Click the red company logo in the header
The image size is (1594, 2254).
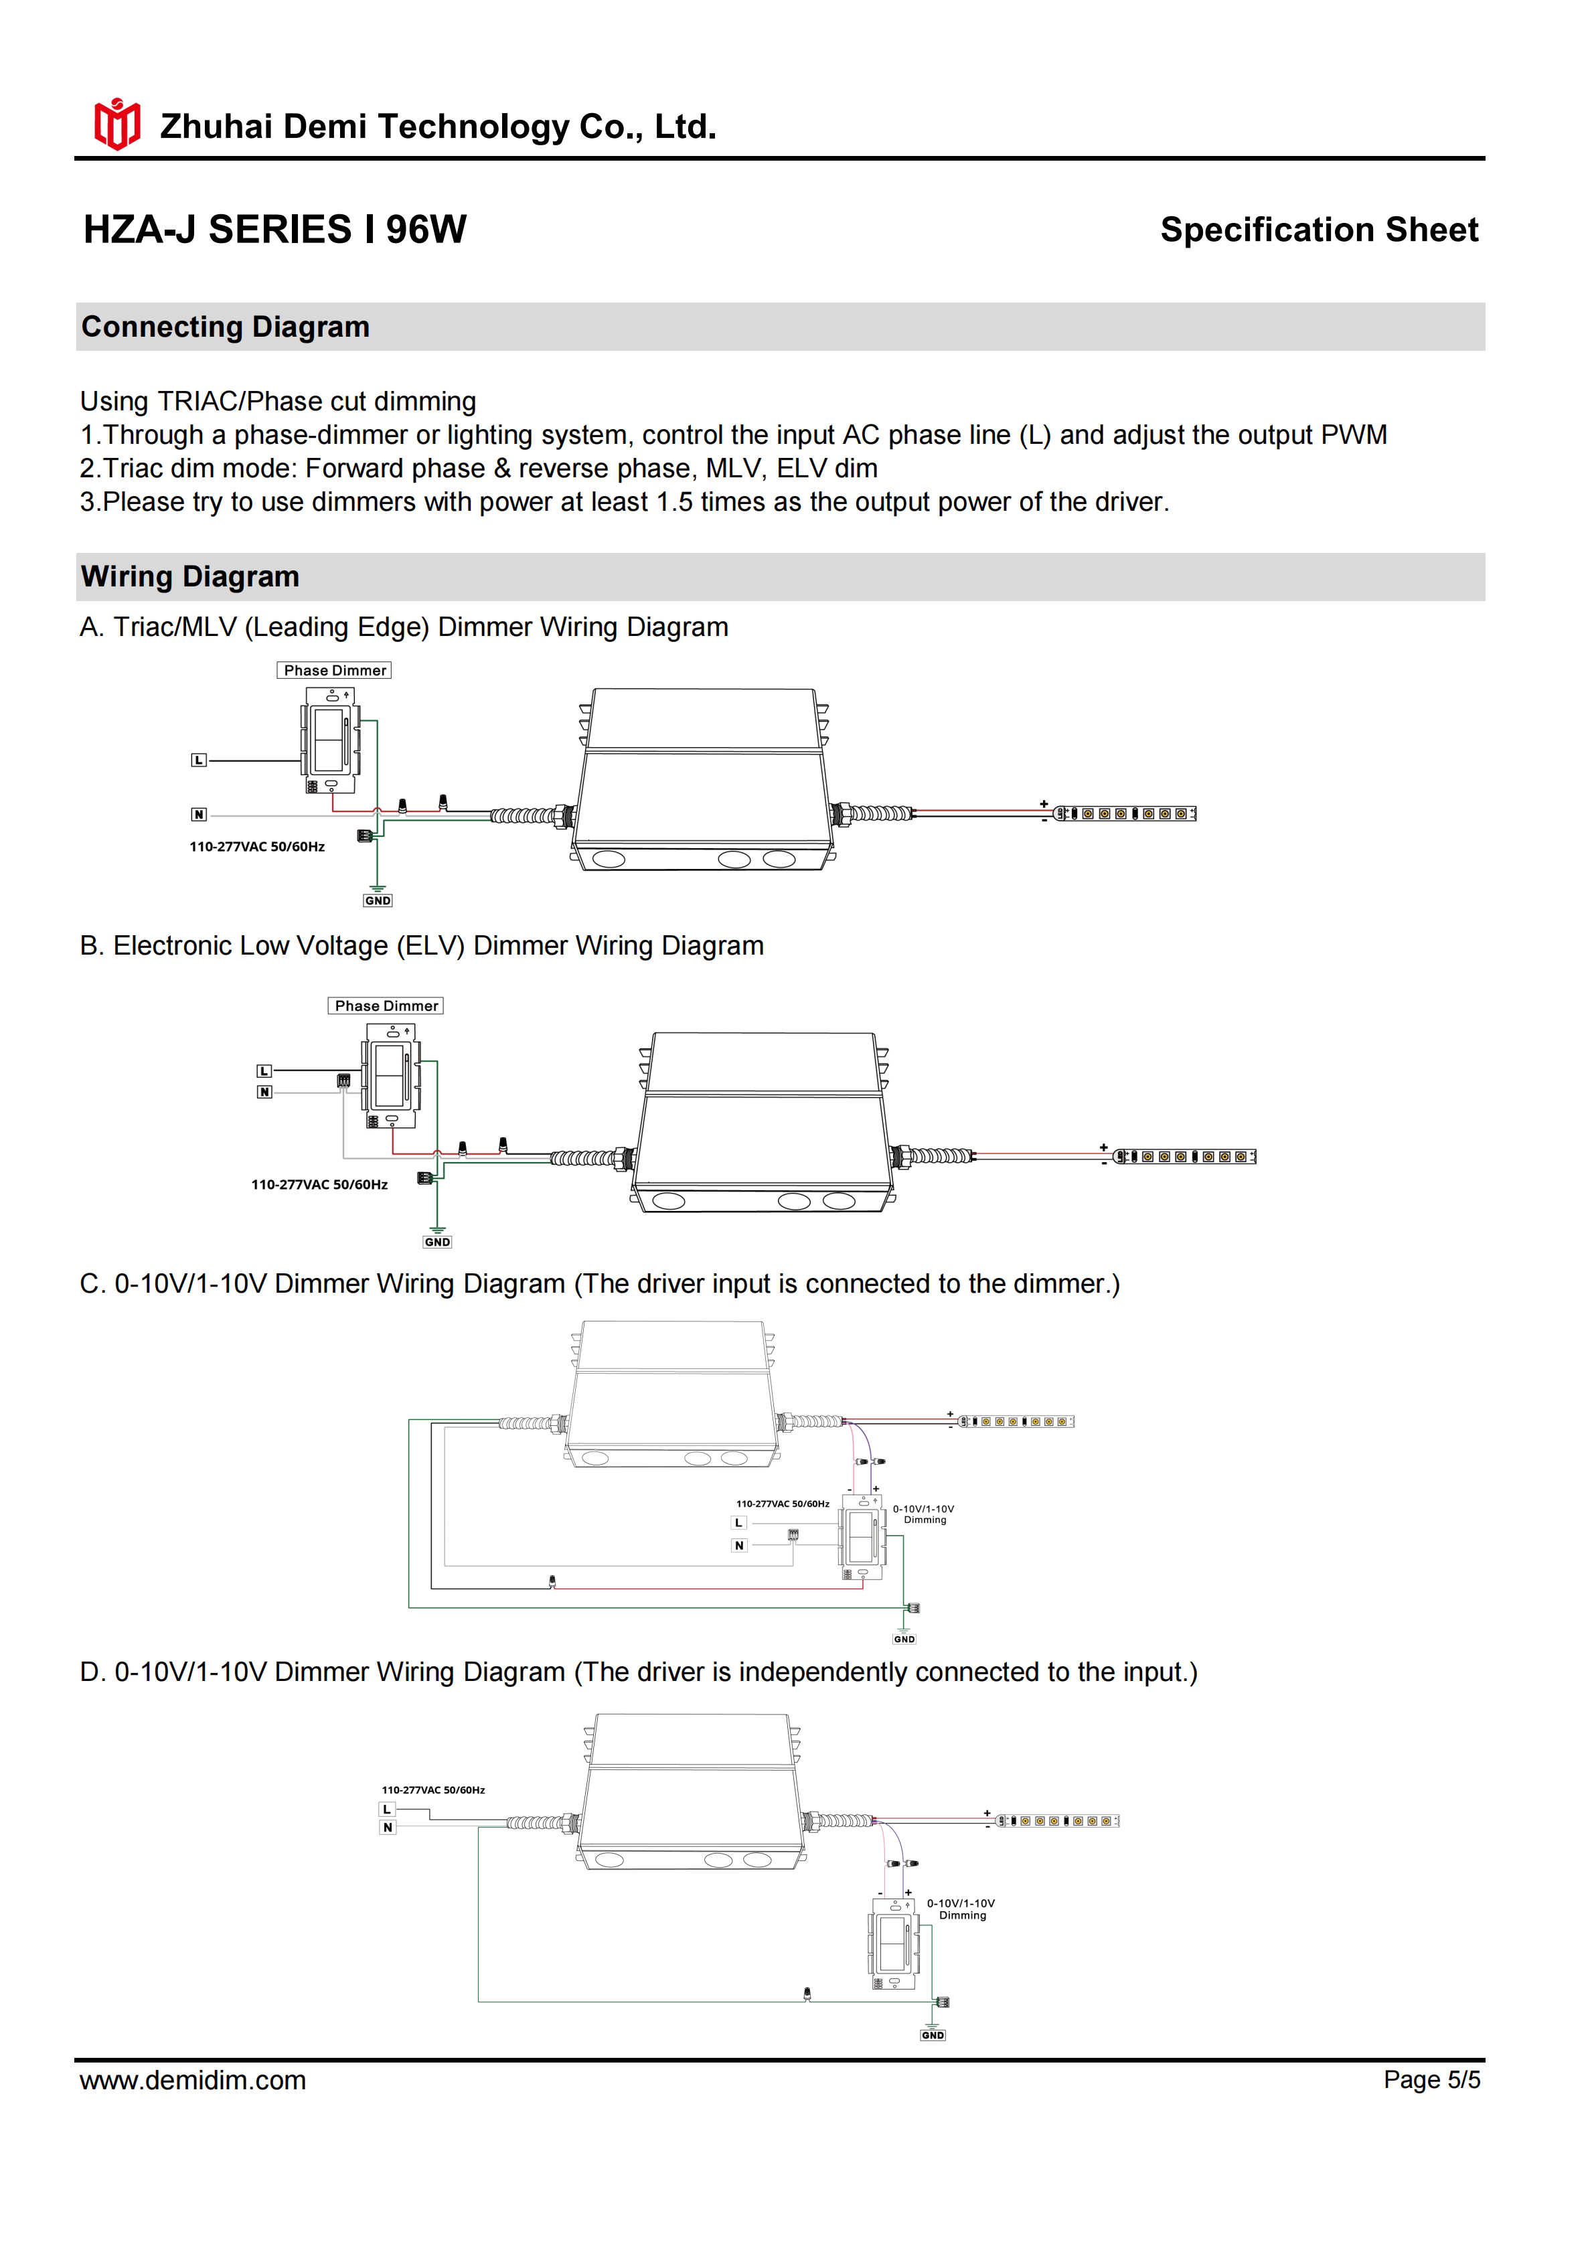pos(116,124)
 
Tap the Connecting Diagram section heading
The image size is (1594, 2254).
pos(226,327)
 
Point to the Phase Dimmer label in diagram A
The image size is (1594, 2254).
pos(335,671)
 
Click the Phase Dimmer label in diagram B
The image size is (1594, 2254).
pos(386,1006)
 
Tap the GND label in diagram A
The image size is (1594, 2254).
pos(378,900)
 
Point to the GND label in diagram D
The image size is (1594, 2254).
pos(933,2035)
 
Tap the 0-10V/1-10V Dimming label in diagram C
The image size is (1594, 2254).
pos(924,1514)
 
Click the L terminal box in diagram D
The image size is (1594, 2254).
pos(388,1809)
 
